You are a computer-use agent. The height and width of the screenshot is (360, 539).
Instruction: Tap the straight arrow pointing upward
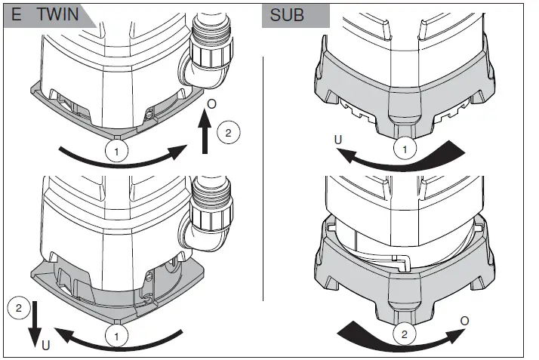205,131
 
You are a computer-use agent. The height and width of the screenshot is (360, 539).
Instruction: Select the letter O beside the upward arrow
212,102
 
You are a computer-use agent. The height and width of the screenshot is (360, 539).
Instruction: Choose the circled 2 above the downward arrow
18,306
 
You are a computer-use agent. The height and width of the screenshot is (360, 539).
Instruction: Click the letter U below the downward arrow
46,346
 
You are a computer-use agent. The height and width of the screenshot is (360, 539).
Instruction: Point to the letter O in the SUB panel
464,322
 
